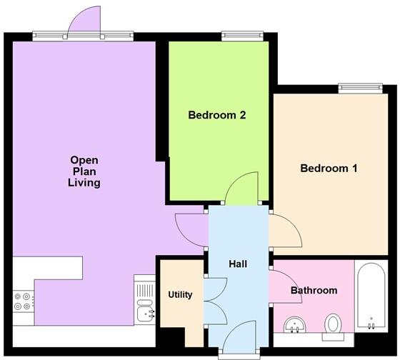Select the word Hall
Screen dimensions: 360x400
(238, 264)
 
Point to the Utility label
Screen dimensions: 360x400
(180, 294)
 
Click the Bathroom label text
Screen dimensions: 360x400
(314, 290)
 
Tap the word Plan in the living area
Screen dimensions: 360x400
(84, 171)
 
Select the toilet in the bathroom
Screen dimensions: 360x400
(333, 324)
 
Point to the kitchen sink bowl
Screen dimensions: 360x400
(146, 313)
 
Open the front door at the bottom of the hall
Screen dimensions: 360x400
(239, 336)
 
